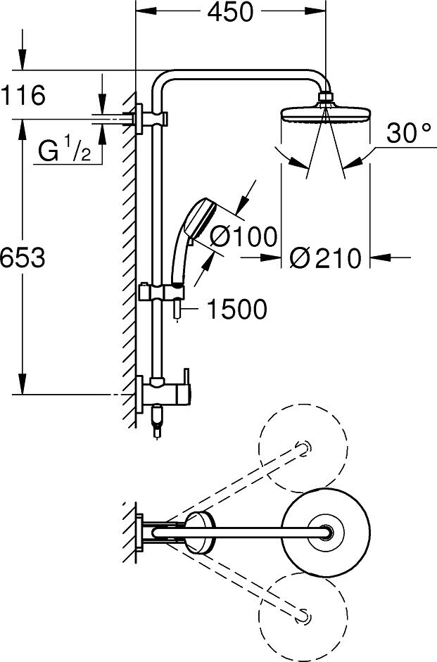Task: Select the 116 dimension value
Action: coord(23,94)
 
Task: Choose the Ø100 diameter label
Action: coord(243,236)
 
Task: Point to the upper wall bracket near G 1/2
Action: coord(141,115)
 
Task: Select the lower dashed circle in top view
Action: coord(303,615)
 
